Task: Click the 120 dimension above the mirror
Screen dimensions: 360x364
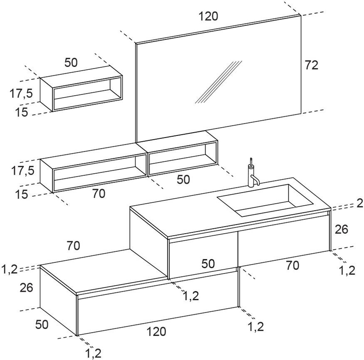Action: click(x=208, y=16)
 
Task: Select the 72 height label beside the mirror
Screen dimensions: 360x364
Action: click(x=311, y=65)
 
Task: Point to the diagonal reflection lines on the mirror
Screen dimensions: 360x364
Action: click(x=218, y=82)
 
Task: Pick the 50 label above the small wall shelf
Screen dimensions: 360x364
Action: click(x=71, y=62)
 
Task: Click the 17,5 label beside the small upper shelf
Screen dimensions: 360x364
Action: click(x=22, y=94)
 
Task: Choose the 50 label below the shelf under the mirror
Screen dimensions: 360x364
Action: click(x=183, y=180)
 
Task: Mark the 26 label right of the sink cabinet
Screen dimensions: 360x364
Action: click(x=341, y=229)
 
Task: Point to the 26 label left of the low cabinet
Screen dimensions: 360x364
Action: click(x=26, y=288)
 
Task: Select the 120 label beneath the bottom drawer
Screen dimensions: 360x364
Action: click(x=156, y=332)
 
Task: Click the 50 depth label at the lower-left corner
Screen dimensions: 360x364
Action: click(x=41, y=325)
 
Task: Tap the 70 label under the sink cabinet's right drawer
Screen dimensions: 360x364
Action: click(x=292, y=265)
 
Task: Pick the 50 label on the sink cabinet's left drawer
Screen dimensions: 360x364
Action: click(x=208, y=263)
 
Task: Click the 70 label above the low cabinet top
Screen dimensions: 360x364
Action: click(x=73, y=246)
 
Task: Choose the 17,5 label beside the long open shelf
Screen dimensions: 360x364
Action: click(x=22, y=171)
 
